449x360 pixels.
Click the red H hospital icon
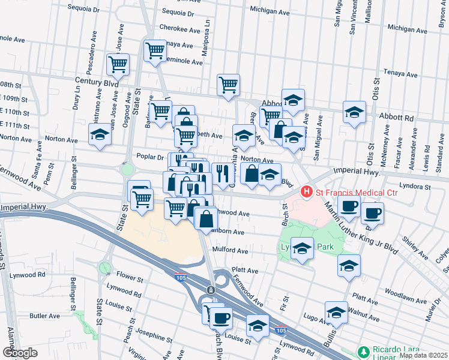click(307, 192)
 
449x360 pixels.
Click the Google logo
click(20, 353)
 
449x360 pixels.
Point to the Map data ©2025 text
click(423, 355)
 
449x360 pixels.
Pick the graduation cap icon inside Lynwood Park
click(302, 248)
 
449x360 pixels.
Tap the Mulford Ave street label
click(231, 251)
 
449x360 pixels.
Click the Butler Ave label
click(44, 316)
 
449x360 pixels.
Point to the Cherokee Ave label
click(176, 28)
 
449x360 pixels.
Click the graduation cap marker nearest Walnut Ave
click(336, 312)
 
